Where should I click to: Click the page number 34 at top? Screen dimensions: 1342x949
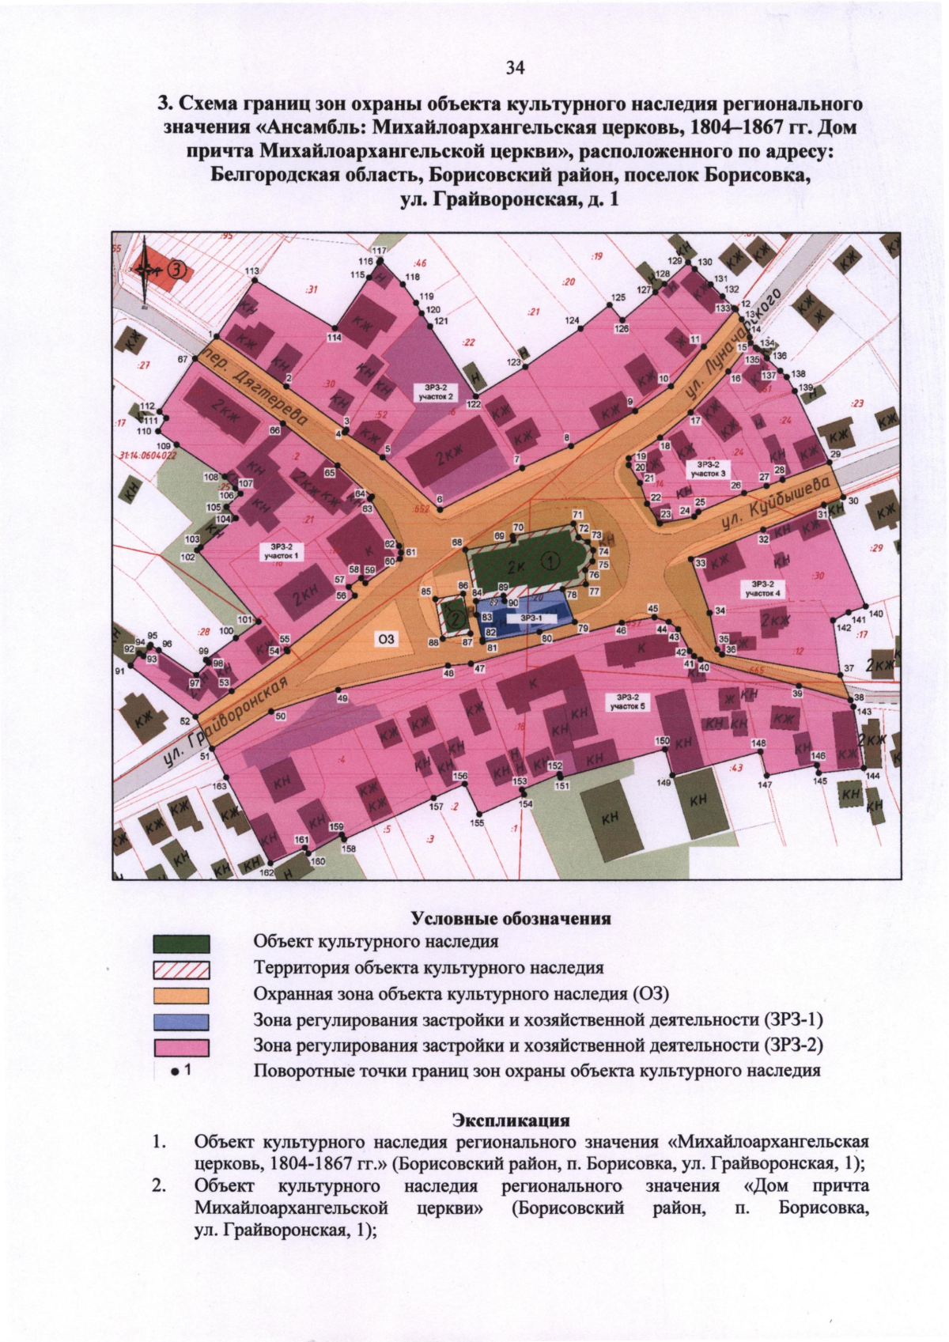point(515,68)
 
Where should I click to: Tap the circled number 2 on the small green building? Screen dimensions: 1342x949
point(454,618)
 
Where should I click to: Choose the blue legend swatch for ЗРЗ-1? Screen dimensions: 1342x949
point(182,1021)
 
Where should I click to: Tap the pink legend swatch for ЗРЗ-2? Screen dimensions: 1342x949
point(182,1047)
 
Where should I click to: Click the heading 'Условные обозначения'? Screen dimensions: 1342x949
point(511,918)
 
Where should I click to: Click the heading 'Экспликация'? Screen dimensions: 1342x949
point(511,1120)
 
